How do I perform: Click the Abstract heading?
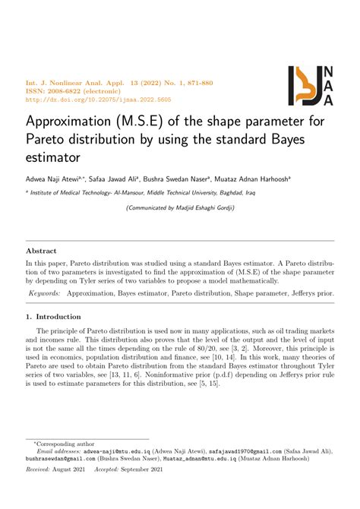tap(42, 250)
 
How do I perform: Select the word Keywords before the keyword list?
tap(45, 292)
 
